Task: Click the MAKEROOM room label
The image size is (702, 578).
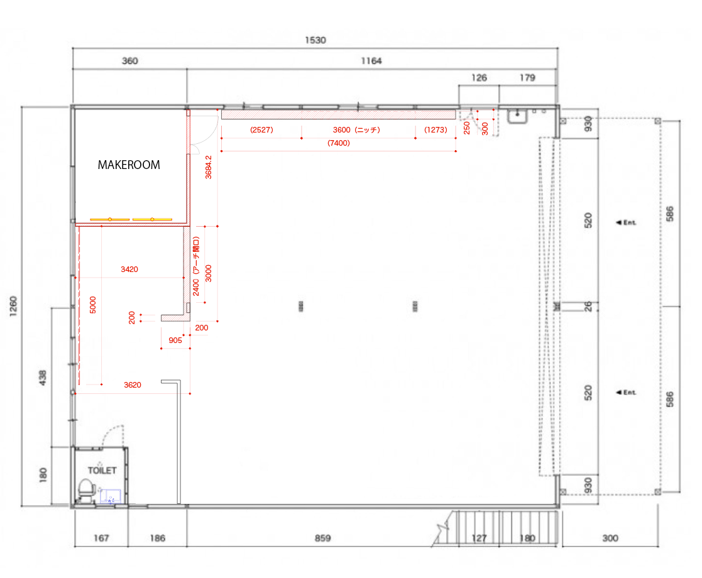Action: [x=129, y=165]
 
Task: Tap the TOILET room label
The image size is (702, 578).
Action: [x=102, y=471]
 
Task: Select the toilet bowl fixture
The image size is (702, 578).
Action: [x=85, y=489]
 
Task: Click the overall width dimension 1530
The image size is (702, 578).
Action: [x=315, y=40]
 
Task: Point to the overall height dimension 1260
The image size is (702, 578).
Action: [x=13, y=306]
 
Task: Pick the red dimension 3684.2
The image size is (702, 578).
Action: [x=208, y=167]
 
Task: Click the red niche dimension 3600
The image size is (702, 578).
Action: [x=342, y=130]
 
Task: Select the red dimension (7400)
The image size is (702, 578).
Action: [x=339, y=143]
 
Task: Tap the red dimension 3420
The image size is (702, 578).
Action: [x=129, y=269]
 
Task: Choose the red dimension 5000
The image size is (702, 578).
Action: [x=92, y=305]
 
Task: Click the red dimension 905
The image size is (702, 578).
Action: [x=175, y=341]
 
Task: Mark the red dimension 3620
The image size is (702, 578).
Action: [x=133, y=385]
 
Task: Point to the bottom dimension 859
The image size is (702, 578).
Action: [x=322, y=538]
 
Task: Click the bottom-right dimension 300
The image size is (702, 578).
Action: [x=610, y=538]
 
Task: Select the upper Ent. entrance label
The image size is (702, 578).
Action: [x=627, y=222]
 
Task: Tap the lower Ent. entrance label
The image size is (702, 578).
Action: [x=627, y=392]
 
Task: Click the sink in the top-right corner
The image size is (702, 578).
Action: [x=517, y=116]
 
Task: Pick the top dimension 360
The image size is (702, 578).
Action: [x=130, y=61]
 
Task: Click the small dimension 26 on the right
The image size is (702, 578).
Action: [x=588, y=306]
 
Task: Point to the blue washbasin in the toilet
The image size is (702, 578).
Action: [x=110, y=496]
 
